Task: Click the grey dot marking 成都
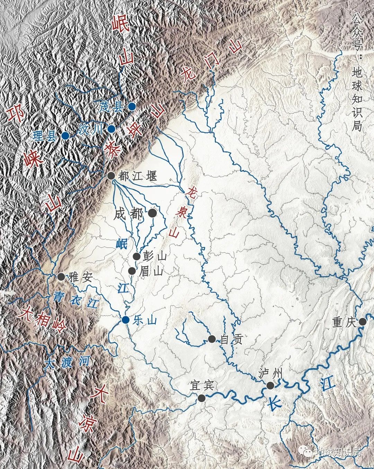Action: click(152, 214)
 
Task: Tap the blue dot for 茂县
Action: click(132, 106)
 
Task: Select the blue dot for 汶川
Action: click(111, 129)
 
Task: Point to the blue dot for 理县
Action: click(65, 136)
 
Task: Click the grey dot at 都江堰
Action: click(111, 176)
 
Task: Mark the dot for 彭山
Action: click(137, 257)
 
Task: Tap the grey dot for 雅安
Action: click(61, 276)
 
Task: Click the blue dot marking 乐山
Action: click(126, 320)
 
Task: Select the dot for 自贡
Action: click(212, 339)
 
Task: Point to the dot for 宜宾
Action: click(201, 398)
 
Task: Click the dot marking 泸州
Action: click(270, 385)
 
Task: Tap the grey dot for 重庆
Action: click(363, 322)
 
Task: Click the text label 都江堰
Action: click(137, 176)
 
